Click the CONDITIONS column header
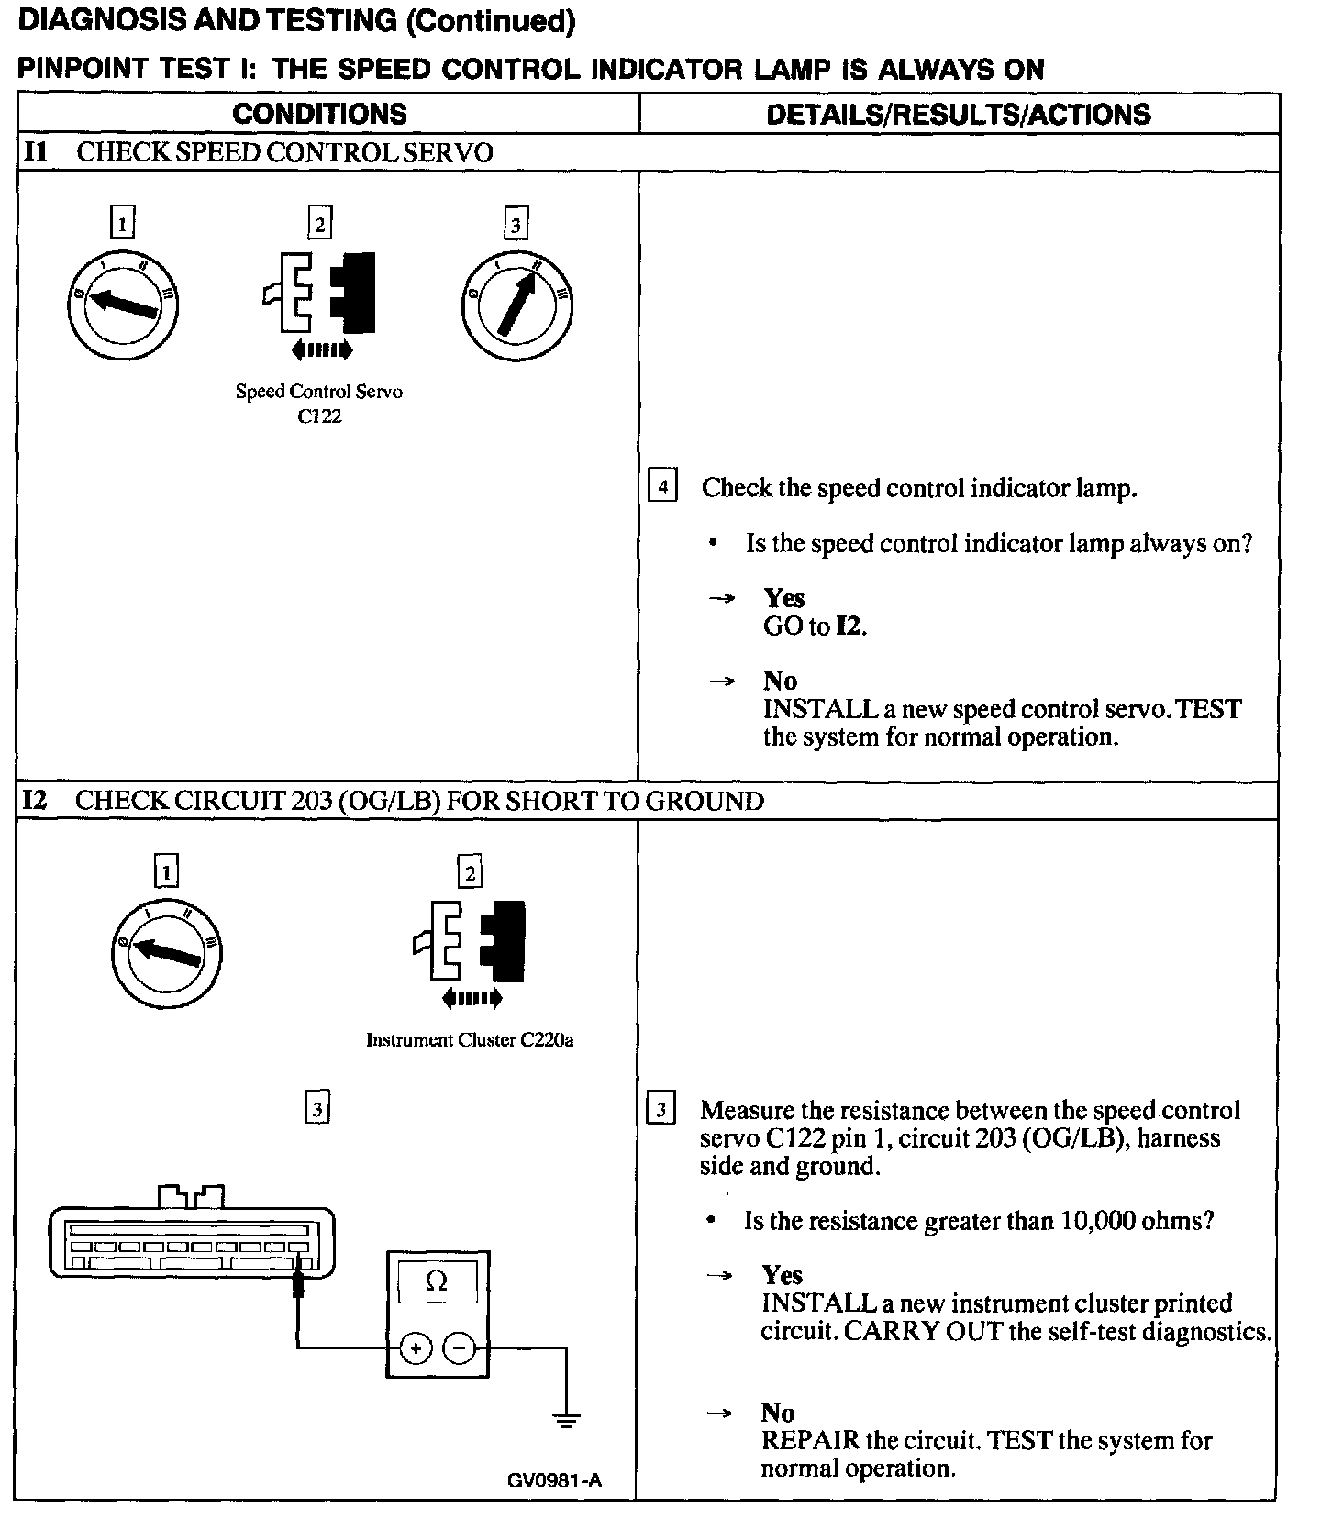(319, 114)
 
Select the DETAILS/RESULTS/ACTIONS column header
(958, 114)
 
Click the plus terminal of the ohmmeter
(416, 1348)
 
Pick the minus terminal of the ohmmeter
(460, 1348)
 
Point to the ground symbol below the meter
(566, 1421)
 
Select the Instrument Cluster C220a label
(470, 1040)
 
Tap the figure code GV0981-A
(554, 1480)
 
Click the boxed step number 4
(662, 485)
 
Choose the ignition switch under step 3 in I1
(516, 304)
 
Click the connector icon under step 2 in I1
(319, 294)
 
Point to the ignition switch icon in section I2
(166, 950)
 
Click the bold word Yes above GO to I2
(784, 598)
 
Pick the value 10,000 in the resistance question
(1096, 1221)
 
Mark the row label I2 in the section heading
(35, 801)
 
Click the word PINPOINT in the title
(78, 70)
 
